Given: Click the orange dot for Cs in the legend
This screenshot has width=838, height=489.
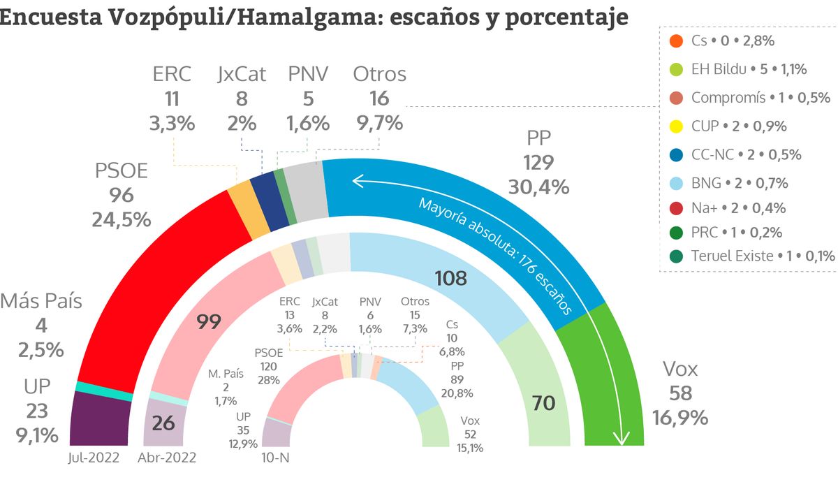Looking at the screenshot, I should (675, 41).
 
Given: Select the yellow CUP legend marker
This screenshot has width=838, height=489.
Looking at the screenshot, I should (675, 126).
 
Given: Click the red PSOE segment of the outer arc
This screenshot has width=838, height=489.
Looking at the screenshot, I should (175, 265).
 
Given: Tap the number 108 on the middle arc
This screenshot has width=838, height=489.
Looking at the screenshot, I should (451, 278).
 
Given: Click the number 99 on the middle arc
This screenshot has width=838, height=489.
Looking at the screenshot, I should (209, 322).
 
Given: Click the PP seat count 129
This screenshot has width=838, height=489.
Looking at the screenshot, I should (538, 163).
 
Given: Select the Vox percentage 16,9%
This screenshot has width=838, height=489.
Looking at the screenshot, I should (680, 418).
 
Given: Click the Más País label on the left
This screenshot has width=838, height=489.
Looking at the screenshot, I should (41, 302).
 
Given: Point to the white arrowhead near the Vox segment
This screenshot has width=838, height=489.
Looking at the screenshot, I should (620, 439).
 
